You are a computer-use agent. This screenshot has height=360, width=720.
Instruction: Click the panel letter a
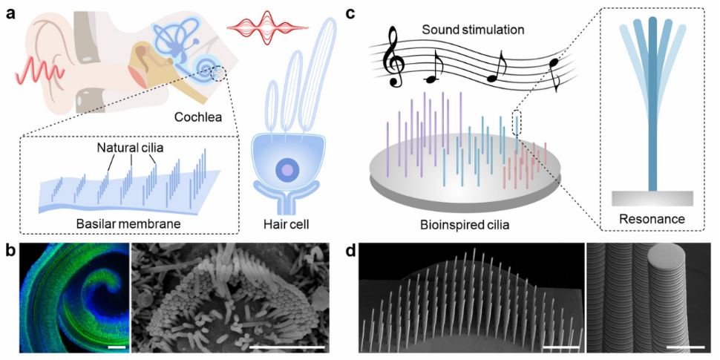(11, 13)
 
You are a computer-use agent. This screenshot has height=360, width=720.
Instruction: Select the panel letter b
(11, 249)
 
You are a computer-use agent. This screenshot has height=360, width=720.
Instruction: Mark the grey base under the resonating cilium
(652, 198)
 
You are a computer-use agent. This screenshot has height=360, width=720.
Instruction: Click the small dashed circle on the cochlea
(219, 73)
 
